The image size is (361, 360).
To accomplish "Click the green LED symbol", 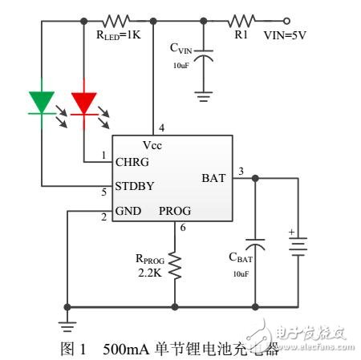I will (41, 103).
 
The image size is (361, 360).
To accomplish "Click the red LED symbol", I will (84, 103).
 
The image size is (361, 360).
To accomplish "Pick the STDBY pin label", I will (137, 186).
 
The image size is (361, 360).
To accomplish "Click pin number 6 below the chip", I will (183, 229).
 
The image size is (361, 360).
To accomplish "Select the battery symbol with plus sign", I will (298, 245).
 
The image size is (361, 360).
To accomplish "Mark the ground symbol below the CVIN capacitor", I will (205, 94).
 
